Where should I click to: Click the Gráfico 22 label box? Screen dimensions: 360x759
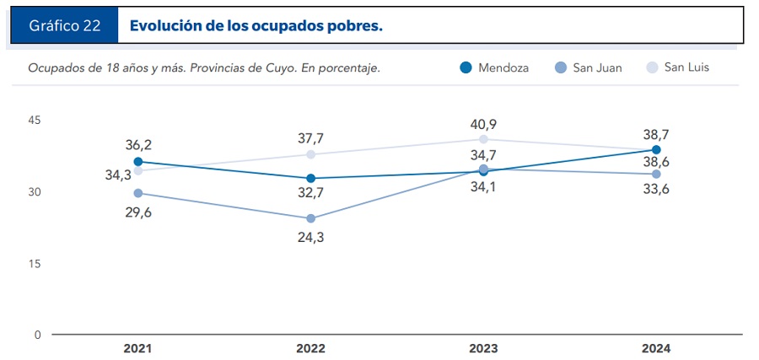pyautogui.click(x=65, y=26)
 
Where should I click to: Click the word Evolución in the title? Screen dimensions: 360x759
pyautogui.click(x=165, y=26)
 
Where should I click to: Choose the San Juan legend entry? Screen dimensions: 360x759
pyautogui.click(x=589, y=67)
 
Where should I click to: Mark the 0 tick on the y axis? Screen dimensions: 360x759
pyautogui.click(x=37, y=335)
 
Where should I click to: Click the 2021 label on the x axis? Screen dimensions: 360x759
pyautogui.click(x=137, y=348)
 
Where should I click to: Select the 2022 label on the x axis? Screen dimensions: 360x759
pyautogui.click(x=310, y=348)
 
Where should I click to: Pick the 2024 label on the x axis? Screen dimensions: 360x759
pyautogui.click(x=656, y=348)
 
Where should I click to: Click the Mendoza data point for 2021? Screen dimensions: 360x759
pyautogui.click(x=138, y=162)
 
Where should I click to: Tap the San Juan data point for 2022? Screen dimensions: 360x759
pyautogui.click(x=310, y=218)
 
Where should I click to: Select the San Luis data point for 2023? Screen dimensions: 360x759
pyautogui.click(x=483, y=139)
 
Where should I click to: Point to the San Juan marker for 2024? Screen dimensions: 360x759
pyautogui.click(x=656, y=174)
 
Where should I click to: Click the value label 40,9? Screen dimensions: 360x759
pyautogui.click(x=484, y=124)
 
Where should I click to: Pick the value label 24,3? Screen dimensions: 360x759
pyautogui.click(x=310, y=237)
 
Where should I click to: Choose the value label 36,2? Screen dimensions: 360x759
pyautogui.click(x=138, y=145)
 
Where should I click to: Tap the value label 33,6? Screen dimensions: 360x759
pyautogui.click(x=656, y=190)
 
